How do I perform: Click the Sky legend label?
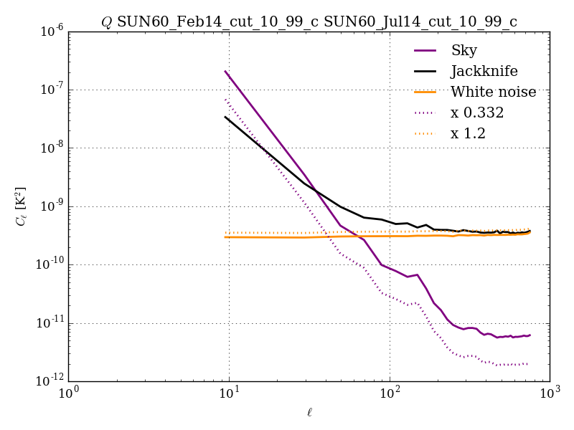pos(464,50)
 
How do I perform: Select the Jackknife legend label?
pos(484,71)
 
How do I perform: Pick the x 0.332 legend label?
pos(477,113)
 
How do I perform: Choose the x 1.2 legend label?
pos(468,133)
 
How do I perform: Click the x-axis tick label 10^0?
pos(68,395)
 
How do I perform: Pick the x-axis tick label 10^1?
pos(229,395)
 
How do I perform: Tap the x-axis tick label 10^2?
pos(390,395)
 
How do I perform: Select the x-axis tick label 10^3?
pos(550,395)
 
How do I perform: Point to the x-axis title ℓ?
pos(309,412)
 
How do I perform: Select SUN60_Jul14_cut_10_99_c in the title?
pos(420,22)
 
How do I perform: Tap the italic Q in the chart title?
pos(106,22)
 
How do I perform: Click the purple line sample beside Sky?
pos(426,51)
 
